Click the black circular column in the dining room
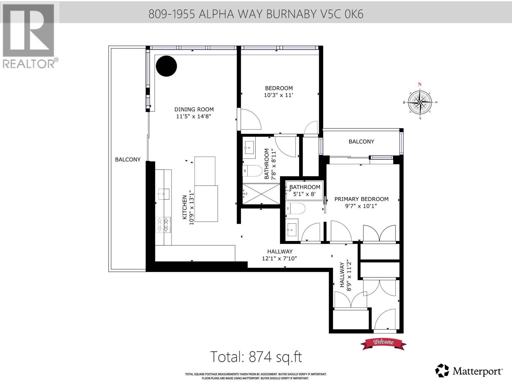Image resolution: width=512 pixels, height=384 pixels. pyautogui.click(x=166, y=66)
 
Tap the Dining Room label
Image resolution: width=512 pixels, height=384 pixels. pyautogui.click(x=194, y=109)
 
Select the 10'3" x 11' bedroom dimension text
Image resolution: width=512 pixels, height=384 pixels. pyautogui.click(x=279, y=95)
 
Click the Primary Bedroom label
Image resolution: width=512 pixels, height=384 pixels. pyautogui.click(x=361, y=199)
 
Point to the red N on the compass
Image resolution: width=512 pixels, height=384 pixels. pyautogui.click(x=420, y=84)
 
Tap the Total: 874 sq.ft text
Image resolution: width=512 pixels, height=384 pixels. pyautogui.click(x=256, y=356)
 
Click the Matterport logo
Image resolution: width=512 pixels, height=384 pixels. pyautogui.click(x=469, y=371)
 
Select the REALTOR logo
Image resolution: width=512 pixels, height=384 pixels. pyautogui.click(x=29, y=35)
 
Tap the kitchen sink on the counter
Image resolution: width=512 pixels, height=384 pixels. pyautogui.click(x=163, y=194)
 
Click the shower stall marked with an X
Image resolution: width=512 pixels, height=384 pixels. pyautogui.click(x=261, y=194)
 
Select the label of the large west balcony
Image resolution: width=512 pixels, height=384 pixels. pyautogui.click(x=128, y=159)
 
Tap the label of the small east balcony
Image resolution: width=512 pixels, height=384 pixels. pyautogui.click(x=361, y=141)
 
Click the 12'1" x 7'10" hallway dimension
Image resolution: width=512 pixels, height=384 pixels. pyautogui.click(x=279, y=258)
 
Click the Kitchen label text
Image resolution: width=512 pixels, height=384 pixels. pyautogui.click(x=185, y=207)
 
